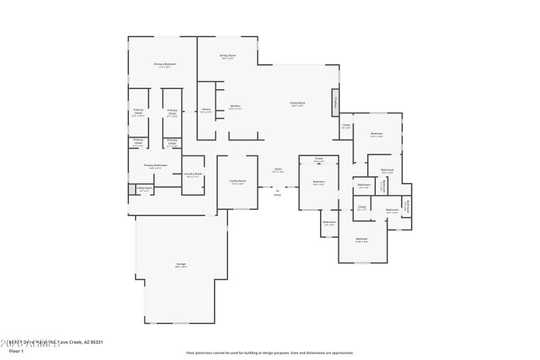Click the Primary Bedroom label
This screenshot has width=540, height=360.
163,64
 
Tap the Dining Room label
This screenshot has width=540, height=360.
227,55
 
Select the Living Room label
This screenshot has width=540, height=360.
298,103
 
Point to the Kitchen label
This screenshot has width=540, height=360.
236,106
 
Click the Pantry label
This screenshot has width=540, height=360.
207,109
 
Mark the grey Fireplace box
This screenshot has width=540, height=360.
335,103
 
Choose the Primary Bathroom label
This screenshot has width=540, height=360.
155,165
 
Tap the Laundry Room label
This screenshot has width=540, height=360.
194,174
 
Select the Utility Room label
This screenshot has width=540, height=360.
144,188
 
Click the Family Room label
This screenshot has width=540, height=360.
238,181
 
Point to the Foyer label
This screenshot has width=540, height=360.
277,169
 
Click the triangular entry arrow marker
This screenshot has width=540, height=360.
277,190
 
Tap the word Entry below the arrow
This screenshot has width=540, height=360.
277,195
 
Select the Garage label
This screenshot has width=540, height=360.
181,263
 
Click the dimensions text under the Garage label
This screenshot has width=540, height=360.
181,267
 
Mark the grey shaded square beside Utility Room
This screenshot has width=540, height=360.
132,190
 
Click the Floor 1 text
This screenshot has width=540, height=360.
16,351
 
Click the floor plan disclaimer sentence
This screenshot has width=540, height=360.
270,353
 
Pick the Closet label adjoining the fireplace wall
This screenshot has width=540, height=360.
346,125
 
